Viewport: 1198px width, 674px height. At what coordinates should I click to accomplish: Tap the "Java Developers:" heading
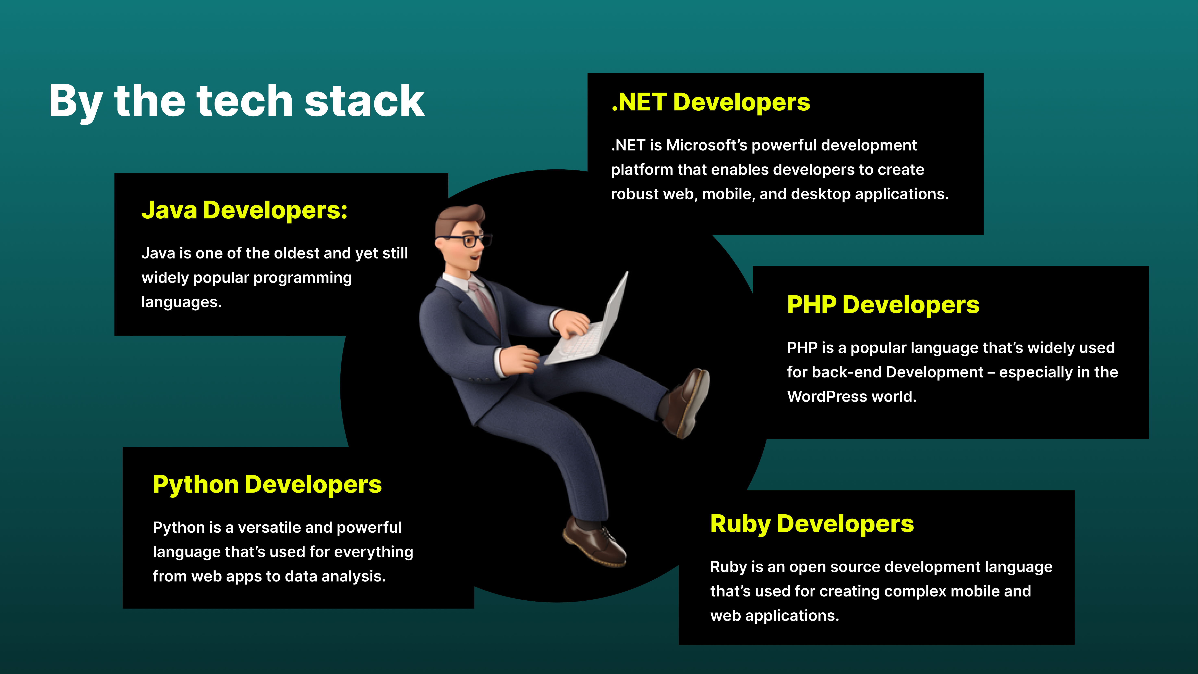244,210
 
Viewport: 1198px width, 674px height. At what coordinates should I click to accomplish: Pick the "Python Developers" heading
267,485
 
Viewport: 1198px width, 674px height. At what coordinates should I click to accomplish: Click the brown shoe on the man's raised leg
686,402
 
